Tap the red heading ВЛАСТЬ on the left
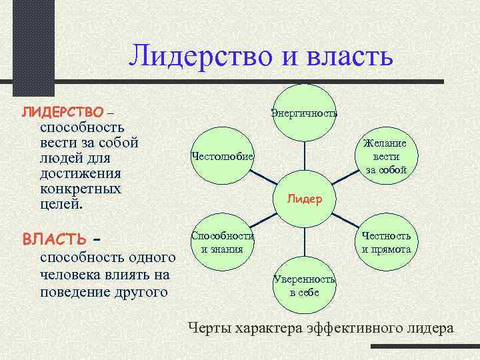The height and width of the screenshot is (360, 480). pos(54,239)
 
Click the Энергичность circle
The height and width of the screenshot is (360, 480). pos(304,113)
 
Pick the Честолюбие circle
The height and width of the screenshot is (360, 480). pos(221,156)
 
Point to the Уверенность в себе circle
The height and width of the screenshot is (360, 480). pos(304,285)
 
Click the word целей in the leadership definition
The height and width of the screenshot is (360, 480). pos(61,204)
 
